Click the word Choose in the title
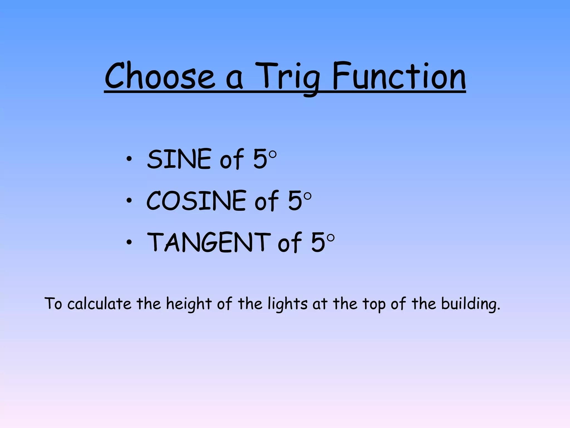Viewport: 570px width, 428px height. click(160, 76)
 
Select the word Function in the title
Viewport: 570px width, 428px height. click(399, 76)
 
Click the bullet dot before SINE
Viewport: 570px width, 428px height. click(129, 159)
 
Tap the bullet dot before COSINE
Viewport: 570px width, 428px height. click(129, 200)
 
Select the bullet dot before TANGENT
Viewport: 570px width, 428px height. click(129, 242)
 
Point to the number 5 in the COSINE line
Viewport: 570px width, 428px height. click(295, 200)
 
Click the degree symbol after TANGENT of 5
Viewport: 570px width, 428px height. click(331, 238)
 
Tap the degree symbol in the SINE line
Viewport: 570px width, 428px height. click(273, 155)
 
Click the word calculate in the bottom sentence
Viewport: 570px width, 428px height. click(99, 303)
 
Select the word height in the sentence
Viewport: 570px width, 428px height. click(189, 304)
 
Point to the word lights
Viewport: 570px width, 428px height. click(288, 304)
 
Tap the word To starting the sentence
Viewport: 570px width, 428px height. click(53, 303)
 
